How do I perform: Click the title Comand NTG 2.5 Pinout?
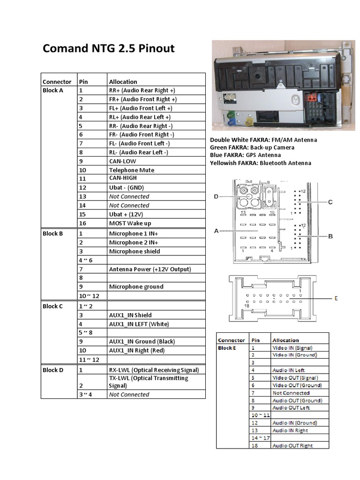108,48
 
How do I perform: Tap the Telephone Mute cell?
131,170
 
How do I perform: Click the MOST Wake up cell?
130,223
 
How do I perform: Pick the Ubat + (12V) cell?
126,214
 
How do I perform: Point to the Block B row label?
52,233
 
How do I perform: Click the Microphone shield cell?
134,251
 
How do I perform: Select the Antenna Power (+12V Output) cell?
150,269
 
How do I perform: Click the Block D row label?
53,370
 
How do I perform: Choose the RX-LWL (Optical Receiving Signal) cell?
154,370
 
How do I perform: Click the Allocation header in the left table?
123,82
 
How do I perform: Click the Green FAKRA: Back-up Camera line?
252,148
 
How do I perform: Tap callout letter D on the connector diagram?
216,197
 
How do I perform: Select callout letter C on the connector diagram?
330,202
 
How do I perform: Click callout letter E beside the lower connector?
336,298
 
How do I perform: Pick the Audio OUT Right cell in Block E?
292,446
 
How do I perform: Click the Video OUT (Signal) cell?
295,378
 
